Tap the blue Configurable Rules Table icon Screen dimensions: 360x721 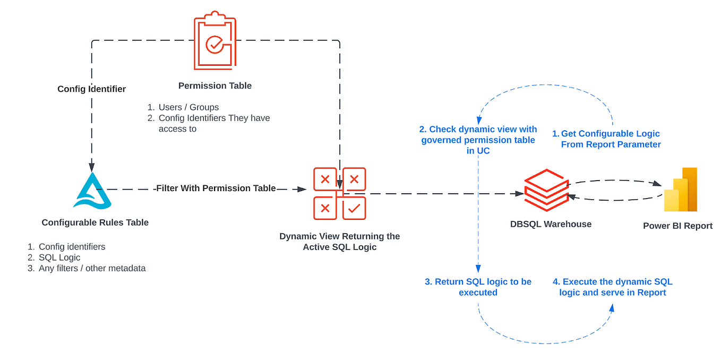pos(92,191)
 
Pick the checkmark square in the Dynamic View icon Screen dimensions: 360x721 pos(354,208)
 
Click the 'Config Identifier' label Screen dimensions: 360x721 pos(91,89)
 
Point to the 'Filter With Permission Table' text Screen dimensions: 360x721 pos(216,188)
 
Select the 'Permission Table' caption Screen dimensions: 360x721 pos(215,85)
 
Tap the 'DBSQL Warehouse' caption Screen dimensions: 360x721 pos(551,224)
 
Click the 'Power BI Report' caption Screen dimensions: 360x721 pos(677,226)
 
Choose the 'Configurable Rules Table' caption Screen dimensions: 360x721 pos(95,222)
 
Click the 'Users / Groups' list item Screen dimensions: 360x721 pos(188,107)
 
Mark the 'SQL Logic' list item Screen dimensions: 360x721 pos(59,258)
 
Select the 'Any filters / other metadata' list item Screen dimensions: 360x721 pos(92,268)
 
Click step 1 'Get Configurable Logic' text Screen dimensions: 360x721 pos(610,139)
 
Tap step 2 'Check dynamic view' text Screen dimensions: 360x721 pos(478,140)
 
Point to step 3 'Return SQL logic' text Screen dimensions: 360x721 pos(478,287)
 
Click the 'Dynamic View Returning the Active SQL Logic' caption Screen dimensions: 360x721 pos(340,242)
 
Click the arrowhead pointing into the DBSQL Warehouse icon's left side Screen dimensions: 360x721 pos(520,194)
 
